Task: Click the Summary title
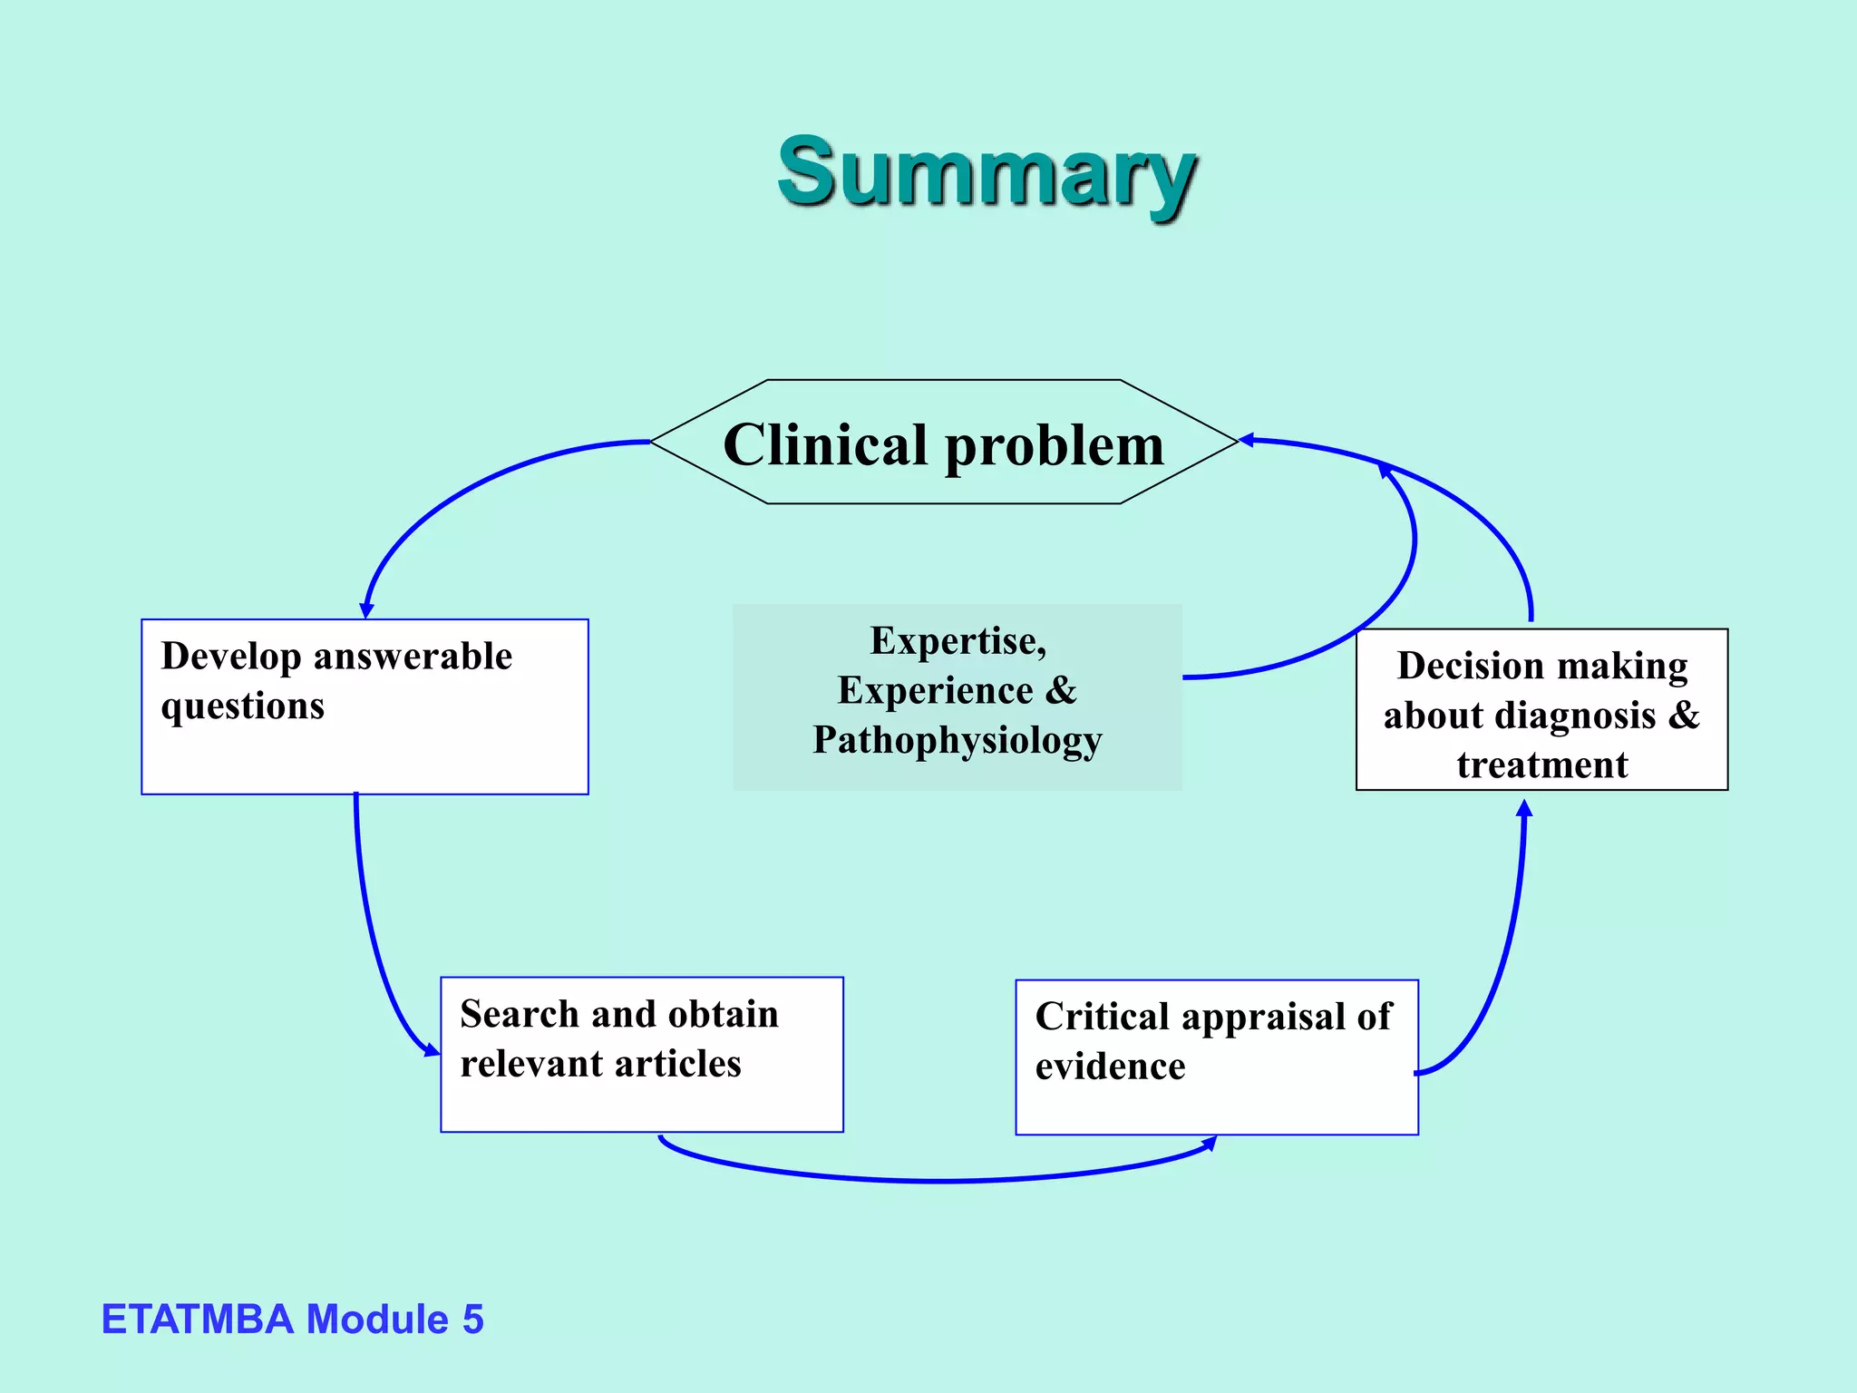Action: [987, 172]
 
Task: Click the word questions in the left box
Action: [242, 706]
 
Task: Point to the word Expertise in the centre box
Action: [957, 641]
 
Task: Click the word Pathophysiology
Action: [957, 741]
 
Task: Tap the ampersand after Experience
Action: [1061, 691]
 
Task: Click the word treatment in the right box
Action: [1541, 765]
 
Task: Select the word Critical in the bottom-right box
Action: [1102, 1017]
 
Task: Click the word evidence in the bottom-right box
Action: [1110, 1067]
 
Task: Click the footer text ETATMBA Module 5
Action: [292, 1320]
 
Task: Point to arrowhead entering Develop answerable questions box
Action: [366, 611]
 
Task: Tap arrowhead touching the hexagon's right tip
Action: [1247, 440]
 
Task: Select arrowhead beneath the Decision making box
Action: [1524, 807]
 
